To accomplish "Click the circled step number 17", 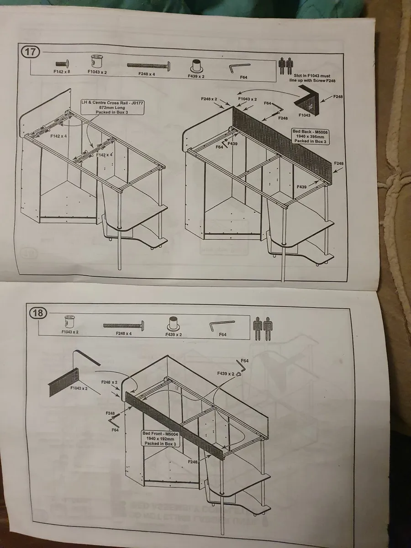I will click(x=30, y=51).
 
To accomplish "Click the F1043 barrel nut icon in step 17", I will click(x=97, y=62).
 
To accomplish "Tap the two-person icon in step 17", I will click(x=285, y=66).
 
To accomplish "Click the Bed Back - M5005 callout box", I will click(x=311, y=136).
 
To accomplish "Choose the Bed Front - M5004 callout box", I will click(x=159, y=438).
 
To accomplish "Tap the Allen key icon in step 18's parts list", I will click(x=222, y=325).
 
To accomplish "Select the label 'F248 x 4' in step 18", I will click(x=123, y=334).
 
